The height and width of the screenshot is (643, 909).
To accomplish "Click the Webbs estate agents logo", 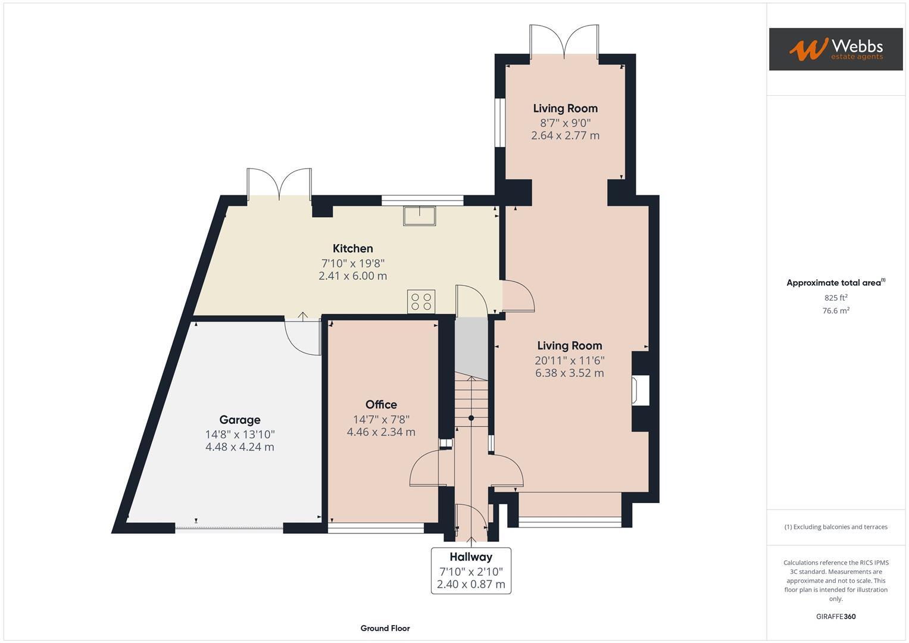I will (x=835, y=49).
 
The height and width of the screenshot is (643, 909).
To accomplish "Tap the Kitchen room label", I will (x=352, y=248).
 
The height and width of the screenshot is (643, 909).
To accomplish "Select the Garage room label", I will (x=239, y=420).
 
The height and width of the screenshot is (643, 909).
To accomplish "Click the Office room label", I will (x=381, y=405).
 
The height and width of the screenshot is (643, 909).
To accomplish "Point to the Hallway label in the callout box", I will (x=471, y=557).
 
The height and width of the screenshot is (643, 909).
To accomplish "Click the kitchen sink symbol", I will (x=420, y=215).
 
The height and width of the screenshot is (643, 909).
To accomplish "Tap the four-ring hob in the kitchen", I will (x=421, y=301).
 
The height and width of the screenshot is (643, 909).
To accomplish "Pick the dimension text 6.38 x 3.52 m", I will (x=569, y=373).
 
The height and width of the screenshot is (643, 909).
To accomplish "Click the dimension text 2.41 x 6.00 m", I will (x=352, y=276).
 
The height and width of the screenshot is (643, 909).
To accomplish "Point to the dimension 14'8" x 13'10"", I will (x=239, y=435).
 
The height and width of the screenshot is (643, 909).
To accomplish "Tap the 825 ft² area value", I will (x=835, y=298).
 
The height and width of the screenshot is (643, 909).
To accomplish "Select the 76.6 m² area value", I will (x=835, y=311).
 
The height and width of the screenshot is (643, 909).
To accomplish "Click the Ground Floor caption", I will (x=385, y=628).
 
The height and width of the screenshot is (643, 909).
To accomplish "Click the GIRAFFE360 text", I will (x=835, y=616).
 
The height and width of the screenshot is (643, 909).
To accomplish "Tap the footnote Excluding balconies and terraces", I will (x=835, y=527).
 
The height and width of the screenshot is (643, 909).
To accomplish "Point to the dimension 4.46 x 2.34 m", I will (x=381, y=432).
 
